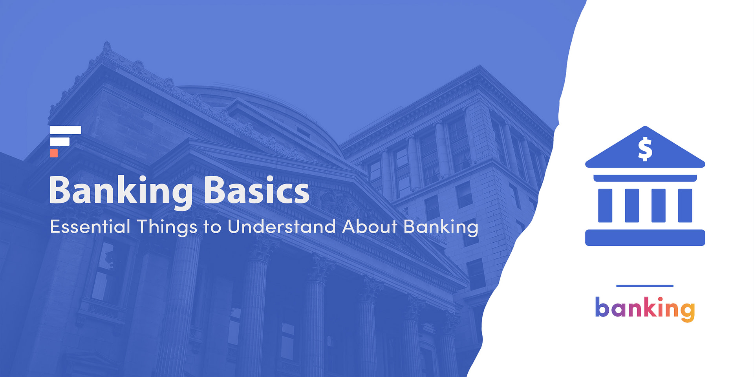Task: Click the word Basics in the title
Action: click(x=256, y=190)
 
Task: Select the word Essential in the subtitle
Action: click(x=90, y=227)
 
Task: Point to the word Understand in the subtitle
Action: click(x=282, y=227)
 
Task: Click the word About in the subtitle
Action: click(x=370, y=227)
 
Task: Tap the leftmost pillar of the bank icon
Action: click(x=605, y=205)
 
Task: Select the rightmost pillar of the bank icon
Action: click(x=685, y=205)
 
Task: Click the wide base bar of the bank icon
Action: click(x=645, y=238)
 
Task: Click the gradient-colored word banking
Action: click(x=645, y=309)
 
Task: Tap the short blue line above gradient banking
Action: click(x=645, y=286)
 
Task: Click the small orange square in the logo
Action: click(x=54, y=153)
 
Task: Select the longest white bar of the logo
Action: click(x=66, y=130)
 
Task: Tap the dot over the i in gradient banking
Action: click(x=661, y=299)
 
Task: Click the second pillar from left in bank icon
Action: click(x=632, y=205)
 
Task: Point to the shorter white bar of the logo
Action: click(x=60, y=142)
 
